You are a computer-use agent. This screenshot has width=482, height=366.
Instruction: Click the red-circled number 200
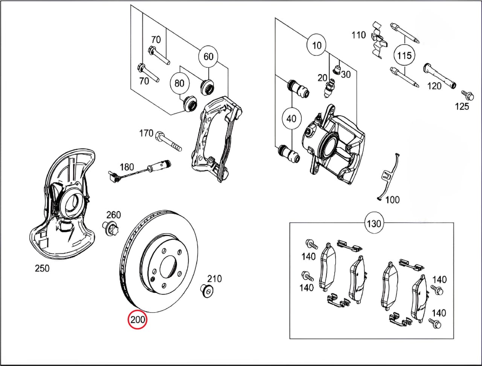(x=137, y=320)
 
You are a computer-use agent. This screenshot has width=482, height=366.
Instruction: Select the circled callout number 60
(x=208, y=56)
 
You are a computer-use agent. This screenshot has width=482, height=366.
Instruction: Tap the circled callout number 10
(x=317, y=45)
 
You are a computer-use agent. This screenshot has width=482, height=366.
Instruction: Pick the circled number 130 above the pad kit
(x=374, y=224)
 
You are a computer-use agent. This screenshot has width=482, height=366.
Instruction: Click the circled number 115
(x=405, y=55)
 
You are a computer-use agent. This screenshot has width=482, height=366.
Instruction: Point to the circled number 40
(x=291, y=119)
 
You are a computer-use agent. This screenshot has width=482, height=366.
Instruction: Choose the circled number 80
(x=180, y=83)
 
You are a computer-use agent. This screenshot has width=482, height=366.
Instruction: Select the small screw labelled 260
(x=110, y=228)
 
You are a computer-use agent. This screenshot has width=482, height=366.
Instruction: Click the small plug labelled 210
(x=206, y=291)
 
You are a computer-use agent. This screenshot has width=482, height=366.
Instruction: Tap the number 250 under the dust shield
(x=42, y=268)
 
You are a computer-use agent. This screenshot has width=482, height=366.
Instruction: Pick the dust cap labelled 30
(x=338, y=69)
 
